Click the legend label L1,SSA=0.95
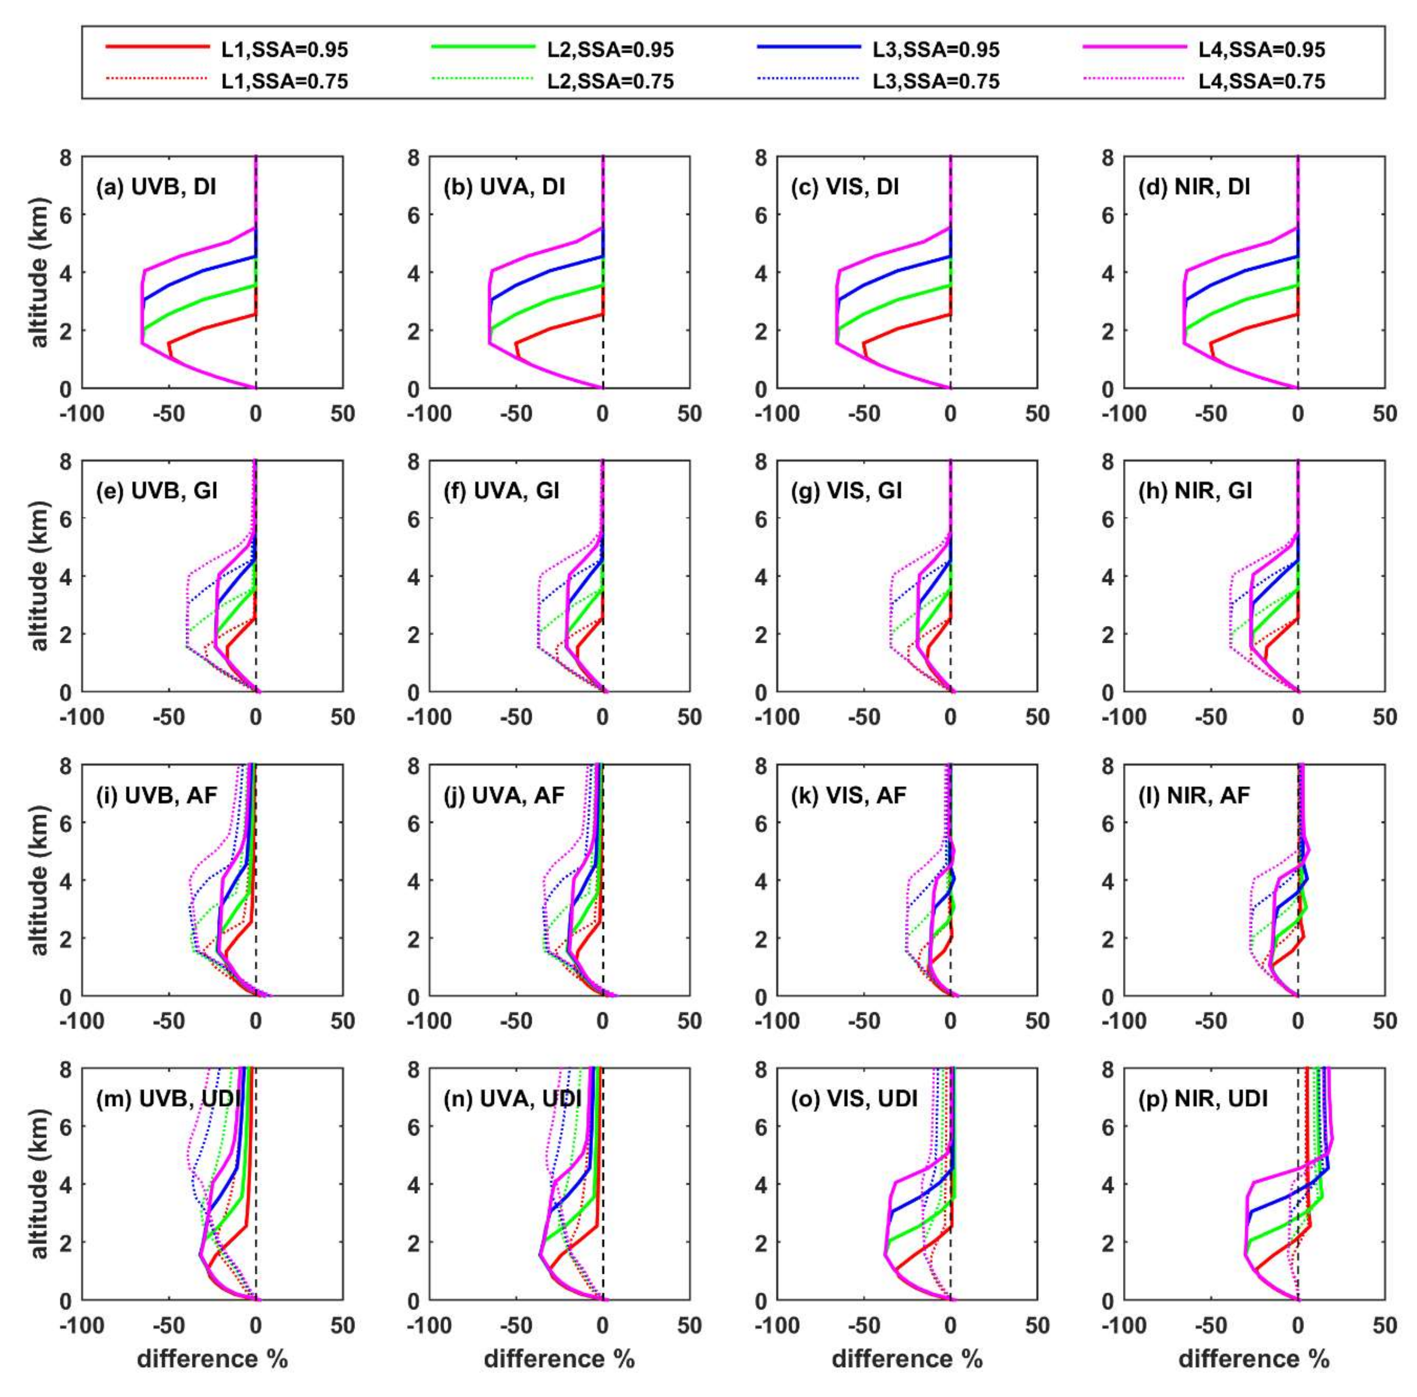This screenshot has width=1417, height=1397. coord(284,50)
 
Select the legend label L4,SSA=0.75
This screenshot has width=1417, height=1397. coord(1262,81)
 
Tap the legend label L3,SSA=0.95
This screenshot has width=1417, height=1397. coord(936,50)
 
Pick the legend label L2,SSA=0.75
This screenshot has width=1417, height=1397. coord(610,81)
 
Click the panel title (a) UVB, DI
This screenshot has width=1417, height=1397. coord(156,187)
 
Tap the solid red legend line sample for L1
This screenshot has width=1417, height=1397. coord(158,46)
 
